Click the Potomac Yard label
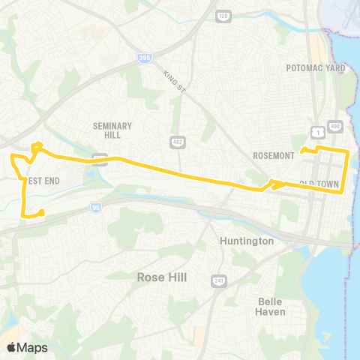pos(314,67)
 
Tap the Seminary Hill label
pos(112,130)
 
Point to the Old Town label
pos(319,184)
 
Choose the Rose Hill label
pos(161,277)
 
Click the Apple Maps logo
pos(27,347)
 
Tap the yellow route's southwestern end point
pos(41,213)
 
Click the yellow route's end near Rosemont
pos(302,151)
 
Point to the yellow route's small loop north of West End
pos(36,146)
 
